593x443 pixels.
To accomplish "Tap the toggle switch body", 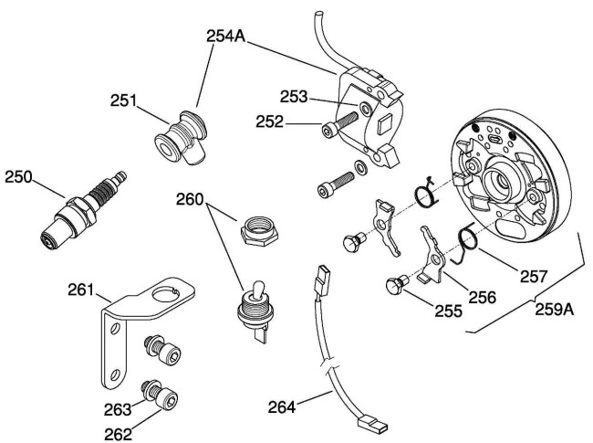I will [251, 305].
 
